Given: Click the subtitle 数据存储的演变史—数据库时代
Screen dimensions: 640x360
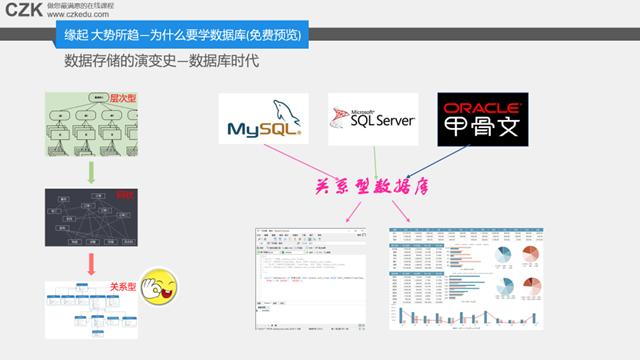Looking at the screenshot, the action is coord(161,60).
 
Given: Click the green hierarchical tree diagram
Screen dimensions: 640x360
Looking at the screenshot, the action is coord(88,122).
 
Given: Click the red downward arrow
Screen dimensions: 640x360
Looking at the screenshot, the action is coord(91,263).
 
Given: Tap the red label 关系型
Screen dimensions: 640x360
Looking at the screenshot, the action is coord(123,286).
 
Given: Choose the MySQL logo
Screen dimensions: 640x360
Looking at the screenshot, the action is coord(264,117).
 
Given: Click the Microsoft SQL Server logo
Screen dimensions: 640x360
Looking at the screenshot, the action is coord(373,117).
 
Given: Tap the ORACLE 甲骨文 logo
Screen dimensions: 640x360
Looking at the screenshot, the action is coord(482,117).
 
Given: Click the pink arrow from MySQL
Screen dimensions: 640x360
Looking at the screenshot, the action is coord(300,160).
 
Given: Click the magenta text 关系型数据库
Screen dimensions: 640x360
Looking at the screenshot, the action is coord(372,187).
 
